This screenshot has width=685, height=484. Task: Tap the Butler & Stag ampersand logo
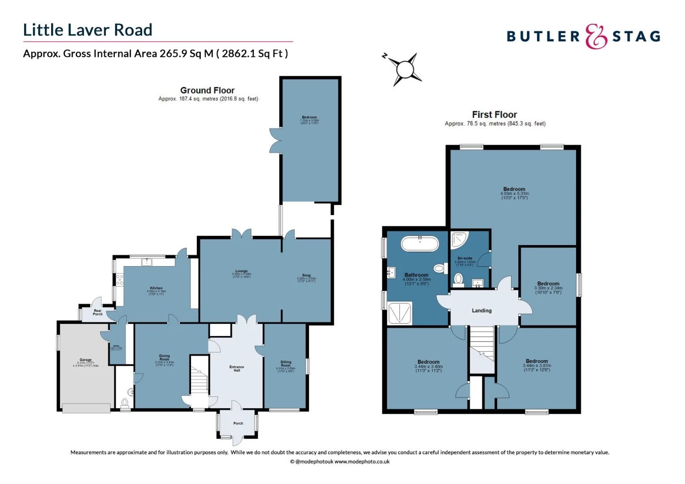point(596,36)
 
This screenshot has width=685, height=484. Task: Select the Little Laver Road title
point(88,30)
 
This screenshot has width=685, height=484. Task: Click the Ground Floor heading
point(207,90)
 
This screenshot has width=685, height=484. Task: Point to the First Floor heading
point(494,114)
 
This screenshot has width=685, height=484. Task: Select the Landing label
point(481,310)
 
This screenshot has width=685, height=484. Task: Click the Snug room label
point(306,275)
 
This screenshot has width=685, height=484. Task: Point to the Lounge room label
point(241,271)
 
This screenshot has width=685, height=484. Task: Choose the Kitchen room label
point(156,288)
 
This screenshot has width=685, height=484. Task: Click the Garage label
point(86,360)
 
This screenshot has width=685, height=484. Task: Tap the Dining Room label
point(165,357)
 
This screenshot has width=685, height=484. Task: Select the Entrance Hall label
point(237,368)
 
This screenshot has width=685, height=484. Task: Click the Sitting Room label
point(286,363)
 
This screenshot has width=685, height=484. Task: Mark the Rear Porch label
point(97,312)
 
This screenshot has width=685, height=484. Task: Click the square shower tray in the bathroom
point(399,313)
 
